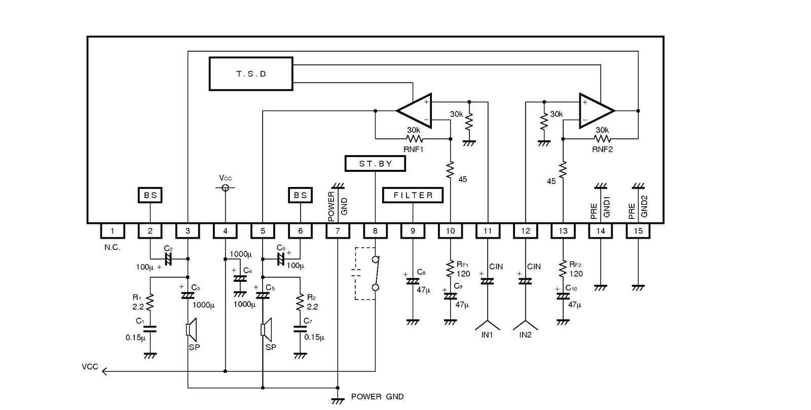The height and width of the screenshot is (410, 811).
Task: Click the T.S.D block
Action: (x=251, y=74)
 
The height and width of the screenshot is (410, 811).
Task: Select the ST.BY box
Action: (x=375, y=164)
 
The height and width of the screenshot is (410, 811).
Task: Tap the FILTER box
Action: (x=413, y=195)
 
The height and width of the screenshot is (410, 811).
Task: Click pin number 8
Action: (x=375, y=231)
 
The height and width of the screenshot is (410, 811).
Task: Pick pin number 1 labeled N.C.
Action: (x=113, y=231)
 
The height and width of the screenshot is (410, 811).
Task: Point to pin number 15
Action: (x=638, y=231)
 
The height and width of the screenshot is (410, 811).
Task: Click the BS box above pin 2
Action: (x=150, y=195)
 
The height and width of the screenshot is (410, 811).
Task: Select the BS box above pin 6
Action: (x=300, y=195)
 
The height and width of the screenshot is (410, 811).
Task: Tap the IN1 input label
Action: (x=487, y=334)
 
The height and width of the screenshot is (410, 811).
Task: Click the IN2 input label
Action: (x=525, y=334)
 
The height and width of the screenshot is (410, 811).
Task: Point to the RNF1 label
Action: (x=414, y=149)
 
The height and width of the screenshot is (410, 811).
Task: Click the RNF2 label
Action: (x=603, y=149)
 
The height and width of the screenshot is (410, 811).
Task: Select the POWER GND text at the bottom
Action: (x=377, y=397)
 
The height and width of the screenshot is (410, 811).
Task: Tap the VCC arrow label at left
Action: (x=90, y=367)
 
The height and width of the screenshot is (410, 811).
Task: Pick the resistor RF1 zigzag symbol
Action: (x=450, y=268)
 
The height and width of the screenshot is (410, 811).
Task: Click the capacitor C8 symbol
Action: (x=413, y=281)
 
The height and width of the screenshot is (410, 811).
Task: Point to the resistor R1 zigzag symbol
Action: (x=150, y=302)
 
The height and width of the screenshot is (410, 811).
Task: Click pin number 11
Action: (x=488, y=231)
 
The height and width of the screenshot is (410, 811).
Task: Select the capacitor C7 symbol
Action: (x=300, y=329)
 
